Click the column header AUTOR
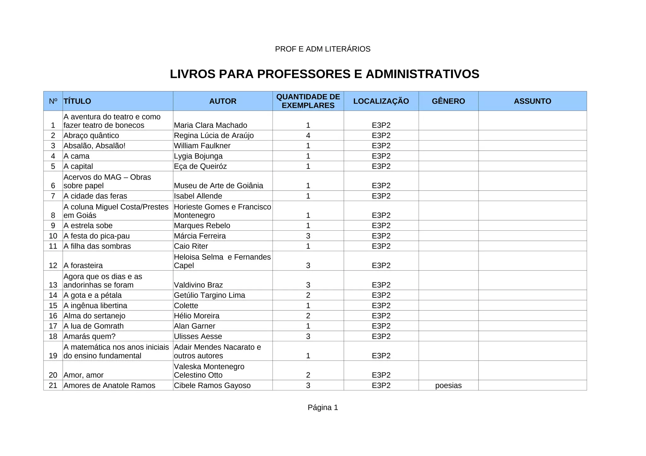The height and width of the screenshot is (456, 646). pos(223,101)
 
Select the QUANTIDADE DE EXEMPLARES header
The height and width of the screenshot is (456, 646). pos(308,101)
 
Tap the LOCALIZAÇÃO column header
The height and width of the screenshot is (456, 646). pos(381,101)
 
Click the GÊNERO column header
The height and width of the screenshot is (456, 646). pos(448,101)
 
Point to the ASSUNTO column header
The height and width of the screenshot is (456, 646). pos(532,101)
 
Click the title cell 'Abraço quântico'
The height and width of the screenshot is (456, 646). pos(91,136)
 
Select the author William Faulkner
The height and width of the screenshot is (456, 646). pos(202,146)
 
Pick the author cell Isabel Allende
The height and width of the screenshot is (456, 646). pos(198,196)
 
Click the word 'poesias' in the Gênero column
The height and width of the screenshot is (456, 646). pos(448,385)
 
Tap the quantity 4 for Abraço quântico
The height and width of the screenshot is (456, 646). pos(308,136)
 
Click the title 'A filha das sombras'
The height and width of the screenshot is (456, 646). pos(97,246)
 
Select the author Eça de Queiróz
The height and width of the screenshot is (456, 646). pos(200,166)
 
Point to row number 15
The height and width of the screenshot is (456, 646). pos(53,306)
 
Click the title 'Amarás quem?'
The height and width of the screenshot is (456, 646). pos(85,337)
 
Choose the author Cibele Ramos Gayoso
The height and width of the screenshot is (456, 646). pos(212,385)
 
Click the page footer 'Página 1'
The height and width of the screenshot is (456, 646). pos(323,407)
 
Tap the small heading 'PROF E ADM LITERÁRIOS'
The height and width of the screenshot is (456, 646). pos(323,49)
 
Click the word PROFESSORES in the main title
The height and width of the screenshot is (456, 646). pos(304,74)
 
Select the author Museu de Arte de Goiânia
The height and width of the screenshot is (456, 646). pos(218,186)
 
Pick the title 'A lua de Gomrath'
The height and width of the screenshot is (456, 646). pos(93,326)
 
